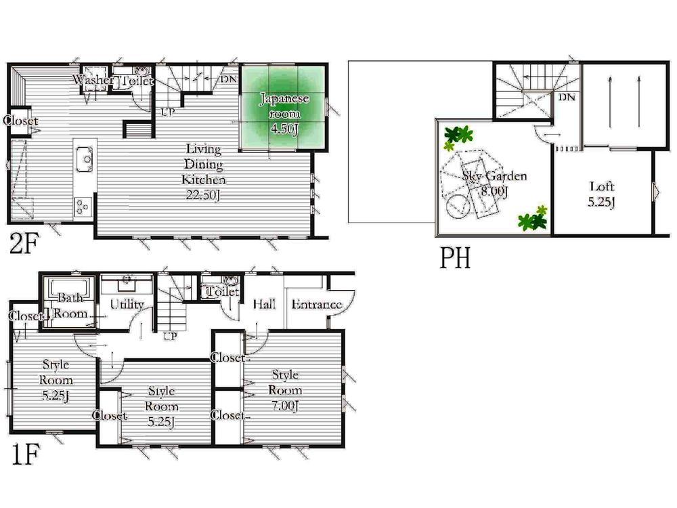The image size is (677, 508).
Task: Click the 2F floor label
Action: click(x=24, y=244)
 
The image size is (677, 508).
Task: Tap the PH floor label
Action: click(x=455, y=258)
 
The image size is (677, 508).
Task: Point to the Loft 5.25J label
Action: click(x=601, y=194)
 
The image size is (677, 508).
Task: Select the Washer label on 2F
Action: click(x=93, y=81)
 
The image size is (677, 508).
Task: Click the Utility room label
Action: click(x=127, y=305)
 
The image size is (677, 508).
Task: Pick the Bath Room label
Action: click(x=69, y=305)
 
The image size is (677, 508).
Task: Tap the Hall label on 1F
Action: click(x=263, y=305)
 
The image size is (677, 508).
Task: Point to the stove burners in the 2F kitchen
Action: click(x=82, y=205)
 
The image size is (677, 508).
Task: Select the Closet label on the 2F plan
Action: click(x=20, y=121)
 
